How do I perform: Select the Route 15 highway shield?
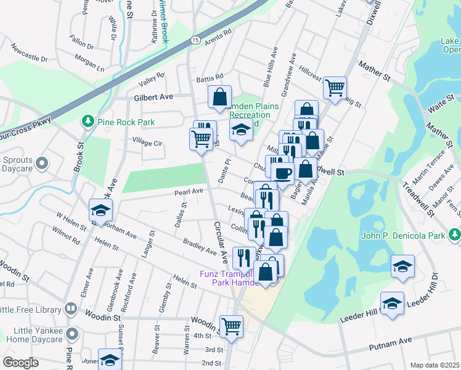coord(195,39)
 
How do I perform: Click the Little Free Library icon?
coord(71,308)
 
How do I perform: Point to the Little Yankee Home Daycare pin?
coord(73,334)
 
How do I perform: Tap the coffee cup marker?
coord(282,174)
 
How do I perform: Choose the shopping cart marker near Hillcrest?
coord(335,88)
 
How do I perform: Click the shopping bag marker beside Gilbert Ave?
coord(219,96)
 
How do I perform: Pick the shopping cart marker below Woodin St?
coord(232,325)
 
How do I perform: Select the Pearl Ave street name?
coord(189,192)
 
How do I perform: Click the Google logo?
coord(20,363)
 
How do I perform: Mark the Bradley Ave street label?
coord(200,247)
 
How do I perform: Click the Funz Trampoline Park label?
coord(226,278)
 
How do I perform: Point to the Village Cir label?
coord(147,142)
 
